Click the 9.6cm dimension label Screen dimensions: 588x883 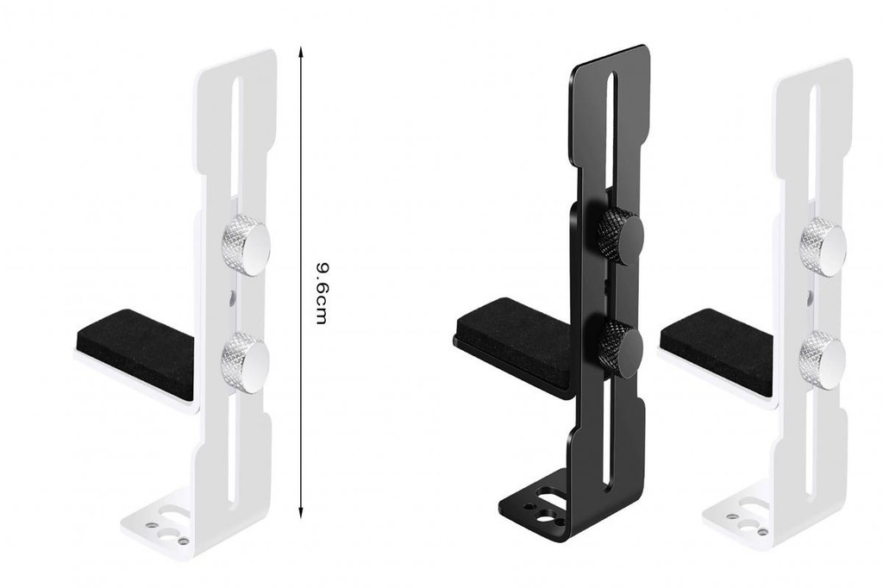tap(321, 294)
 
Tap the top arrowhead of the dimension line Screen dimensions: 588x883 tap(301, 52)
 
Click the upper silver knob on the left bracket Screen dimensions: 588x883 tap(246, 244)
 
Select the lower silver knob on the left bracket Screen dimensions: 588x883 tap(245, 361)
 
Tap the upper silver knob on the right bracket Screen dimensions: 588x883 tap(823, 247)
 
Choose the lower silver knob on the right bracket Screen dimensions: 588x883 tap(822, 360)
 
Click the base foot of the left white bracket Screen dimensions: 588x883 tap(164, 526)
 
